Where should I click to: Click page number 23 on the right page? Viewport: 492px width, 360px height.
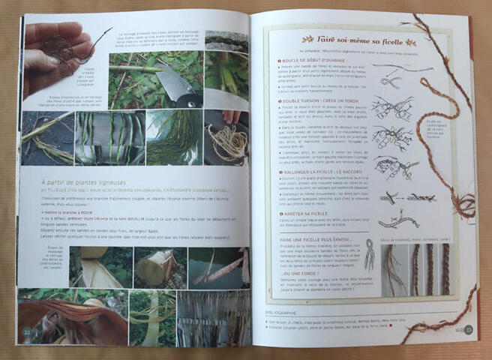point(466,328)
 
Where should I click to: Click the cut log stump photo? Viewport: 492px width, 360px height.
point(154,267)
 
